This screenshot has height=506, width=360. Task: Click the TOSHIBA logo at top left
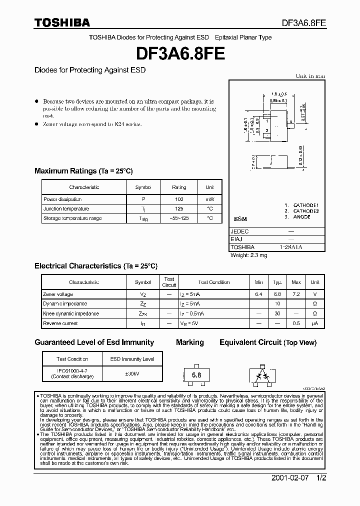pyautogui.click(x=62, y=22)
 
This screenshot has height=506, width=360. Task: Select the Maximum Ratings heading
pyautogui.click(x=83, y=171)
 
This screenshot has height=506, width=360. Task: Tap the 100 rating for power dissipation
pyautogui.click(x=179, y=199)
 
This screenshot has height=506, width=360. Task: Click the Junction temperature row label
pyautogui.click(x=66, y=208)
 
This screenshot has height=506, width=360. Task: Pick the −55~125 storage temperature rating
pyautogui.click(x=179, y=218)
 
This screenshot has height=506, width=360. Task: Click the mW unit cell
pyautogui.click(x=209, y=199)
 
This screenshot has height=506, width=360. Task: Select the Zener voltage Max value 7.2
pyautogui.click(x=296, y=294)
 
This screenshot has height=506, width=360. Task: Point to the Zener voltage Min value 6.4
pyautogui.click(x=258, y=294)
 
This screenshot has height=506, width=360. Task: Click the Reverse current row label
pyautogui.click(x=60, y=323)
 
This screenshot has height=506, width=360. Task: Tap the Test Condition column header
pyautogui.click(x=214, y=282)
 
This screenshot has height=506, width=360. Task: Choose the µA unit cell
pyautogui.click(x=315, y=323)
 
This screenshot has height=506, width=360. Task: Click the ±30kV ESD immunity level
pyautogui.click(x=132, y=373)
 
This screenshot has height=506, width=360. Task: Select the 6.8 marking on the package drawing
pyautogui.click(x=196, y=374)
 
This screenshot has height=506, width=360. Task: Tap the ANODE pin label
pyautogui.click(x=301, y=217)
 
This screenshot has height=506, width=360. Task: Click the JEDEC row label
pyautogui.click(x=240, y=232)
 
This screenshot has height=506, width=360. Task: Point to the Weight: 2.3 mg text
pyautogui.click(x=249, y=255)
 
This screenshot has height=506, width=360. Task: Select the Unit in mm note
pyautogui.click(x=310, y=76)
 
